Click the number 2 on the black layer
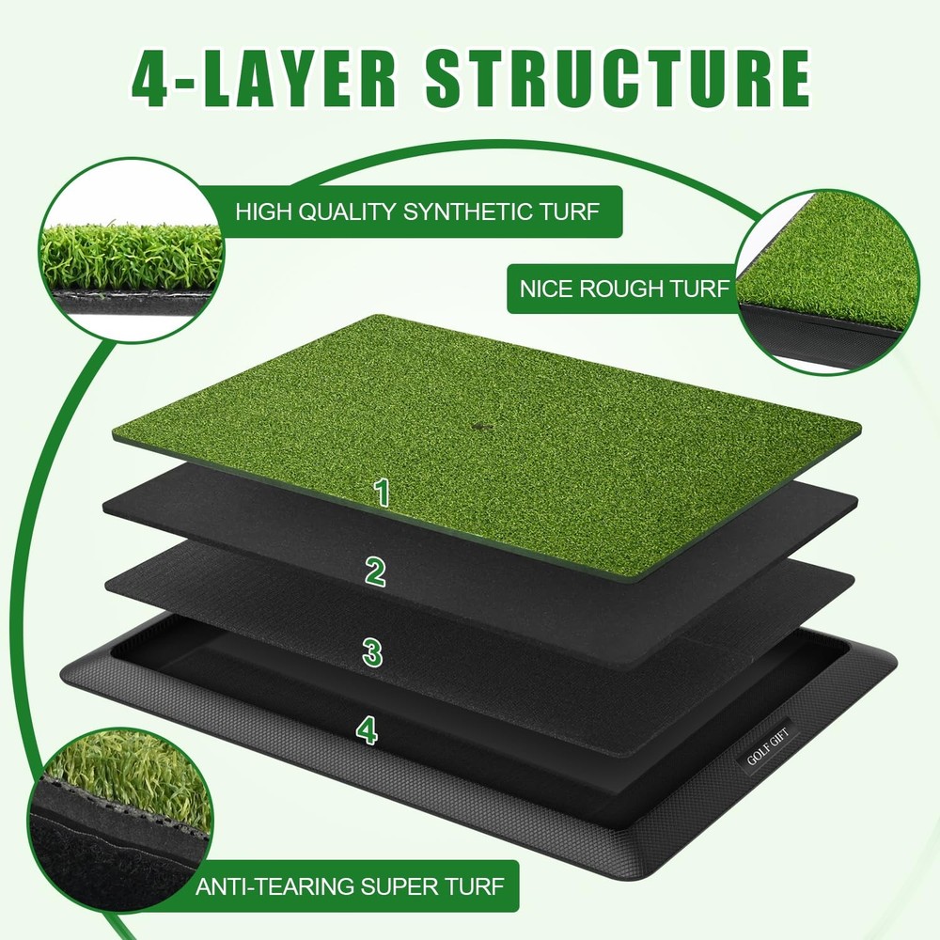(x=376, y=571)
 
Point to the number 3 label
(x=373, y=650)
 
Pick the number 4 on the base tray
(x=367, y=728)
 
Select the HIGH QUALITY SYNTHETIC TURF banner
(x=416, y=211)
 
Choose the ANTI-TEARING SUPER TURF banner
(x=350, y=885)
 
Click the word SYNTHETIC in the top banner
(x=457, y=211)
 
